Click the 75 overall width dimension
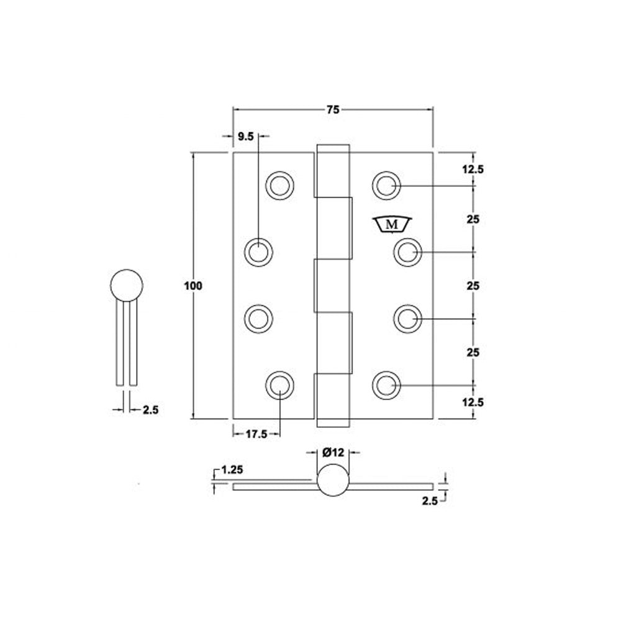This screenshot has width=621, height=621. pyautogui.click(x=332, y=110)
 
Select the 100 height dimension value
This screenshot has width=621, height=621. pyautogui.click(x=194, y=286)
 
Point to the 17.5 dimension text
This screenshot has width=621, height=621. pyautogui.click(x=256, y=435)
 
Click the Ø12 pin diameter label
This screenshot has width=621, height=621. pyautogui.click(x=333, y=453)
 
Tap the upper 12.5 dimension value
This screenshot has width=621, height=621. pyautogui.click(x=473, y=169)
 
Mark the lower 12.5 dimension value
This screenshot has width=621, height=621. pyautogui.click(x=473, y=402)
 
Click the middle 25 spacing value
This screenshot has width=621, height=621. pyautogui.click(x=473, y=286)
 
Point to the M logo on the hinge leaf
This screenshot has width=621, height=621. pyautogui.click(x=392, y=225)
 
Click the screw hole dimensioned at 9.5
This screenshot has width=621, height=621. pyautogui.click(x=258, y=252)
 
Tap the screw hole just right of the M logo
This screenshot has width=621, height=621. pyautogui.click(x=407, y=252)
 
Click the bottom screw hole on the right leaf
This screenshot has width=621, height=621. pyautogui.click(x=386, y=384)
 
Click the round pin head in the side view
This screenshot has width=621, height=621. pyautogui.click(x=127, y=286)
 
